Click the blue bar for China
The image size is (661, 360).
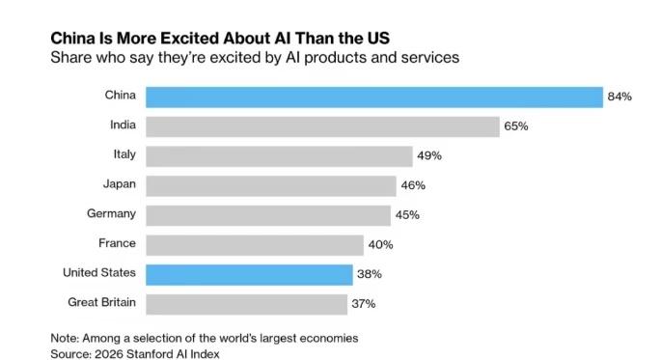(x=374, y=97)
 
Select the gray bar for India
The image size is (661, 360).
(x=322, y=126)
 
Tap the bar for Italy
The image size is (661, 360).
(x=279, y=156)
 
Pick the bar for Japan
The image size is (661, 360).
(x=271, y=186)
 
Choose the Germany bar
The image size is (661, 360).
(x=268, y=216)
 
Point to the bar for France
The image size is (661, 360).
(x=255, y=245)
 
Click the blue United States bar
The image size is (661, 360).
(x=249, y=275)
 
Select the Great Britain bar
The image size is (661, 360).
(x=247, y=304)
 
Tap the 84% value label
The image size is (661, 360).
(x=620, y=97)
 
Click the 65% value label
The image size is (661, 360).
(x=516, y=126)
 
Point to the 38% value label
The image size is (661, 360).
(x=370, y=274)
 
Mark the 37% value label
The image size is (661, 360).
(x=364, y=303)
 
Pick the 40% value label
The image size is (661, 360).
(x=380, y=244)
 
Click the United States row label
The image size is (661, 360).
(x=99, y=273)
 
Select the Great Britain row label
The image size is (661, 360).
(x=101, y=302)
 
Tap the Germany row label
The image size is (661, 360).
(x=111, y=213)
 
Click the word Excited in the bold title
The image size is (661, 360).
(x=190, y=39)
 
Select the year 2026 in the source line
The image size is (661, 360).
(x=109, y=354)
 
